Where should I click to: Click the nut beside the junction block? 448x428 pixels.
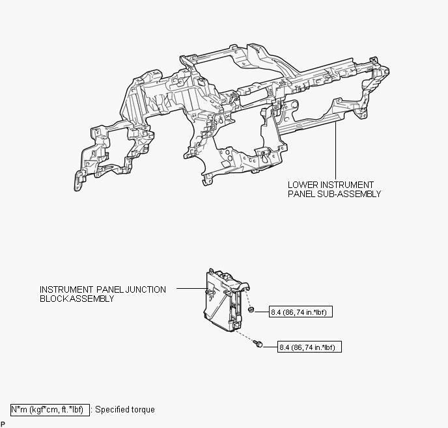pyautogui.click(x=251, y=310)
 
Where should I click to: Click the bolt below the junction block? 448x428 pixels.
pyautogui.click(x=259, y=344)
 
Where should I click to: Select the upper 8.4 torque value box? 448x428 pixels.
pyautogui.click(x=301, y=312)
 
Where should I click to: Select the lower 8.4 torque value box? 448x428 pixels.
pyautogui.click(x=309, y=347)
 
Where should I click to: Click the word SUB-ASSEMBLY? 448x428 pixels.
pyautogui.click(x=349, y=194)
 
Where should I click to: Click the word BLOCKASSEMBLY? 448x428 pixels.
pyautogui.click(x=77, y=299)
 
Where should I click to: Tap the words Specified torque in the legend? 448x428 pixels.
pyautogui.click(x=125, y=409)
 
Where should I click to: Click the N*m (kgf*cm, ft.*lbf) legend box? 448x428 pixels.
pyautogui.click(x=50, y=410)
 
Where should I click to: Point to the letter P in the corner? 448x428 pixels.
pyautogui.click(x=3, y=424)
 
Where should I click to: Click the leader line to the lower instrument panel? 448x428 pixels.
pyautogui.click(x=335, y=150)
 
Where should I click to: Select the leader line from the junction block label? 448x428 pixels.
pyautogui.click(x=191, y=288)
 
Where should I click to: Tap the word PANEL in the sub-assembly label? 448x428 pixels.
pyautogui.click(x=301, y=194)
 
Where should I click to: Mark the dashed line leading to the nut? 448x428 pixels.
pyautogui.click(x=247, y=299)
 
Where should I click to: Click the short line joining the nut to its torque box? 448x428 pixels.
pyautogui.click(x=261, y=312)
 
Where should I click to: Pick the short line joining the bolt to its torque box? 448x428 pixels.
pyautogui.click(x=270, y=347)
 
